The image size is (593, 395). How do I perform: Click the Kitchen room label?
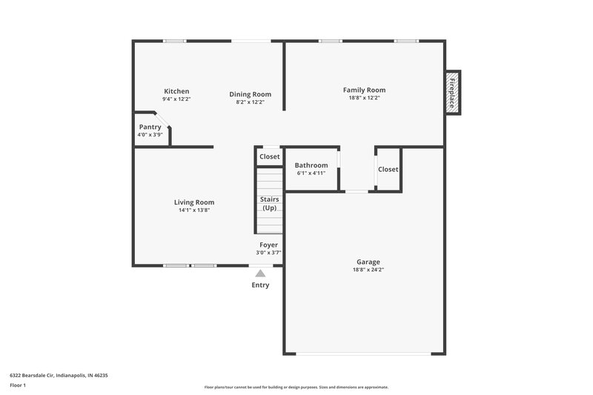176,91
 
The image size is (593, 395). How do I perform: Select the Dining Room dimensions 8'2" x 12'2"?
250,102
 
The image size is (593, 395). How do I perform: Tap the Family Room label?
364,90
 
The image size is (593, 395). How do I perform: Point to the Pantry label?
150,127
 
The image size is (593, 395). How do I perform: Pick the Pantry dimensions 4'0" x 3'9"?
150,135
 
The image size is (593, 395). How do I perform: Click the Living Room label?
194,202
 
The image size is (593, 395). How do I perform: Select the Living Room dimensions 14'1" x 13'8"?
194,210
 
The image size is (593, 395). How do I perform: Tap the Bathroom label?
311,165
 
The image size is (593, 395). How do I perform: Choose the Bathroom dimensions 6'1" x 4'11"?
311,173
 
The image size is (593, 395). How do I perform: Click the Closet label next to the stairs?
269,157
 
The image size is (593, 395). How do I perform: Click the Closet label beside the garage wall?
388,170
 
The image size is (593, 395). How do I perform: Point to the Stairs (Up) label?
268,203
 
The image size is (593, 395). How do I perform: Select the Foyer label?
268,245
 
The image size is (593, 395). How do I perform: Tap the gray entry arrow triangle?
260,273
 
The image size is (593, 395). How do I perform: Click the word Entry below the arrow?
260,285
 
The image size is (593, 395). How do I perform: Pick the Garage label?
368,262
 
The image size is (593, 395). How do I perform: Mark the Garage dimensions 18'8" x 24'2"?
368,270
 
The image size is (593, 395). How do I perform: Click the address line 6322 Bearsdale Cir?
59,375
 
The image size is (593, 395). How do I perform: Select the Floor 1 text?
18,386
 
